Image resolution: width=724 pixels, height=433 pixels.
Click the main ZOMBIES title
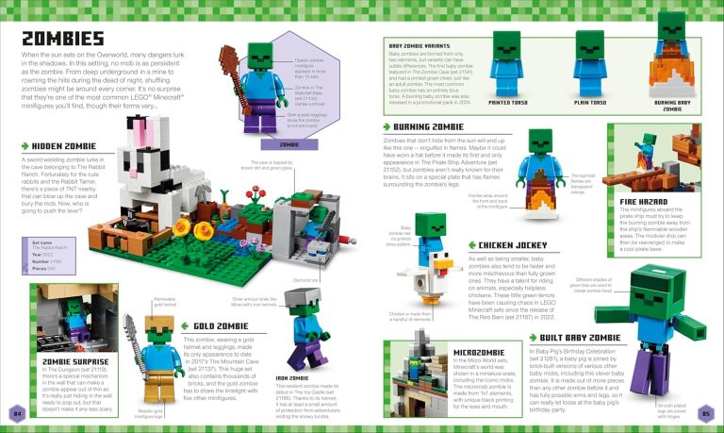click(62, 39)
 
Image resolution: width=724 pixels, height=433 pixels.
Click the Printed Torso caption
click(507, 103)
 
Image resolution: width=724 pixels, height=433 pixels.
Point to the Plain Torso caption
click(589, 103)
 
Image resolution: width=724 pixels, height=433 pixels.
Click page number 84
click(16, 412)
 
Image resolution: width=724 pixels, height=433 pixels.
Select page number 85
click(707, 412)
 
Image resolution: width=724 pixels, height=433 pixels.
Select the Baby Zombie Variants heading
click(426, 44)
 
